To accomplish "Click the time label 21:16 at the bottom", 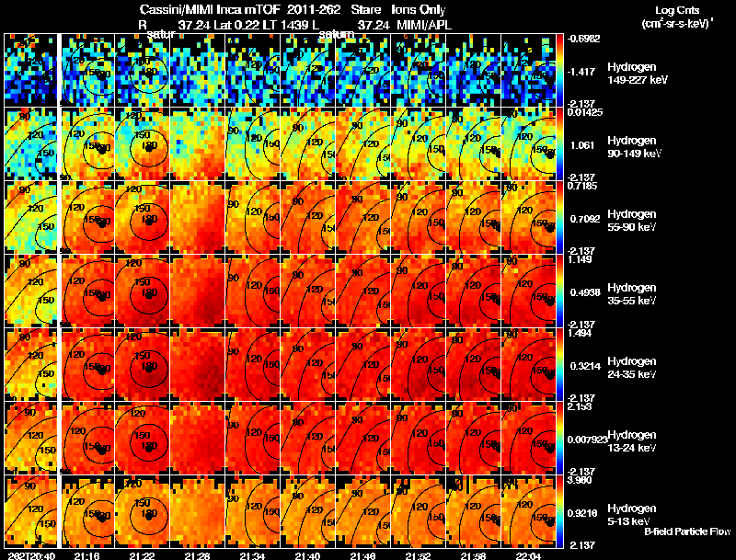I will (x=86, y=554).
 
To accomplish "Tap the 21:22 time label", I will (x=142, y=554).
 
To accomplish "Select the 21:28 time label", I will (x=197, y=554).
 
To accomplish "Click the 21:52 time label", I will (x=420, y=554).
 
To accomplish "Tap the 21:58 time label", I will (x=475, y=554).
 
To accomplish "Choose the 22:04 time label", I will (x=530, y=554).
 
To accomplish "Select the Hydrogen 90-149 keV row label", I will (x=633, y=147).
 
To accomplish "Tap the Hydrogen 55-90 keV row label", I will (x=632, y=221).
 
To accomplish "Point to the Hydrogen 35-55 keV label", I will (x=632, y=293).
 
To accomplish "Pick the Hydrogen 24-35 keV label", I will (x=632, y=367).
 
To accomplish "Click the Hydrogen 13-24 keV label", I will (x=632, y=440).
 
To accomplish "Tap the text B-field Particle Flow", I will (x=686, y=531).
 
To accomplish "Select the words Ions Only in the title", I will (x=419, y=9).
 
